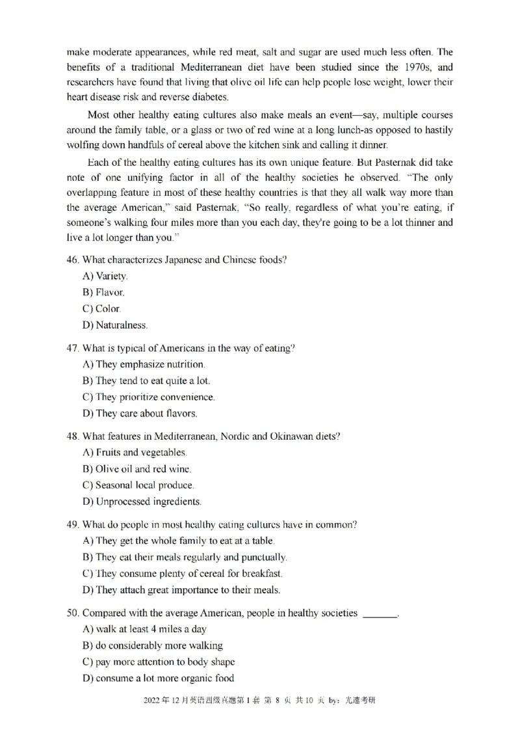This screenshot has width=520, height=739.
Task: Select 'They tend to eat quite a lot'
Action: pos(146,381)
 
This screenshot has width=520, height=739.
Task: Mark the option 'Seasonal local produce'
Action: pos(138,485)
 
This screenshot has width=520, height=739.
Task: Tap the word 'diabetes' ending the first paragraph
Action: pos(209,98)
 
